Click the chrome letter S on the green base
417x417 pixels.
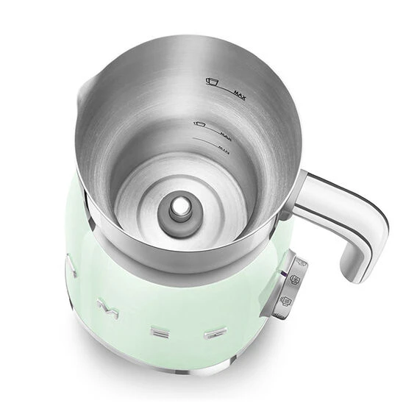(71, 264)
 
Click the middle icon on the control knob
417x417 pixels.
(293, 280)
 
